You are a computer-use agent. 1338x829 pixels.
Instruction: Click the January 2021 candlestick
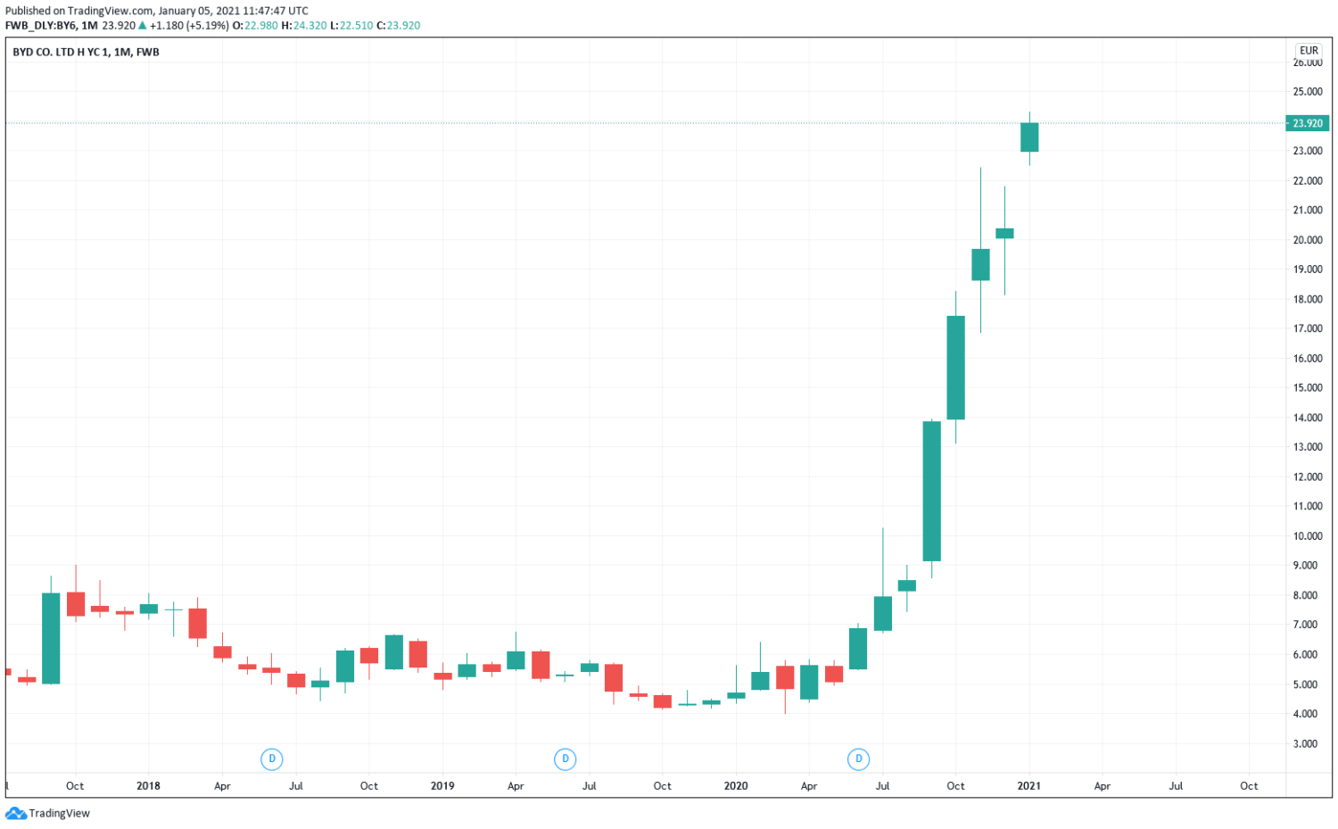pos(1029,137)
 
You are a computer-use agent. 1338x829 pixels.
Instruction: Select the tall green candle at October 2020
pos(955,367)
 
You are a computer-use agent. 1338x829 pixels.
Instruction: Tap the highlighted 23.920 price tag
pos(1307,123)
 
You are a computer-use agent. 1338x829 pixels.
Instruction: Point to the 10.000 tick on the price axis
pos(1307,536)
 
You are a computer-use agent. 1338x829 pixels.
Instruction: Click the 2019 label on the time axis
pos(442,786)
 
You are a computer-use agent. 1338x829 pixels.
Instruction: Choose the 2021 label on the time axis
pos(1028,786)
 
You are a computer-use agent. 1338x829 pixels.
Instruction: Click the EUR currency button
pos(1309,51)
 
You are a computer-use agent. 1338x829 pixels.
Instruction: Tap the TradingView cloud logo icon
pos(16,813)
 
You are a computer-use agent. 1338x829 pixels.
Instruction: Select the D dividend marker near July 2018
pos(272,759)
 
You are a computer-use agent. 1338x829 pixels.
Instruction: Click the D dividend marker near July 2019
pos(565,759)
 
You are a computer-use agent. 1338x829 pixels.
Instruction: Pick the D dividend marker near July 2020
pos(858,759)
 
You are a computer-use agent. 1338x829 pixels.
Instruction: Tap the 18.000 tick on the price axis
pos(1307,299)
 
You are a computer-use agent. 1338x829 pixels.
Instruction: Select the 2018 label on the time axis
pos(148,786)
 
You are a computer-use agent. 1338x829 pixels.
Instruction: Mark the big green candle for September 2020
pos(931,491)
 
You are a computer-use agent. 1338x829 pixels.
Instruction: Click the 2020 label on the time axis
pos(736,786)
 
